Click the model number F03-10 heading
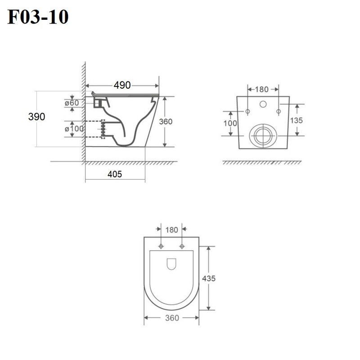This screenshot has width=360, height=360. pos(38,17)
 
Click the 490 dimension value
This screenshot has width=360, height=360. pos(122,85)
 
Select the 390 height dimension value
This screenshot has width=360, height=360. pos(36,117)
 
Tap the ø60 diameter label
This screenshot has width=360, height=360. pos(72,103)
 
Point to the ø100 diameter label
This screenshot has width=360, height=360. pos(74,129)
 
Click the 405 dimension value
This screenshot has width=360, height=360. pos(115,174)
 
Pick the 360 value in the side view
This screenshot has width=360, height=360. pos(166,121)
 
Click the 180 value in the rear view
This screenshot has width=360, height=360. pos(262,89)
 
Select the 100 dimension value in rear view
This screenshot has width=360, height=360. pos(230,123)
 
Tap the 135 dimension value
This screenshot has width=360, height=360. pos(297,120)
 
